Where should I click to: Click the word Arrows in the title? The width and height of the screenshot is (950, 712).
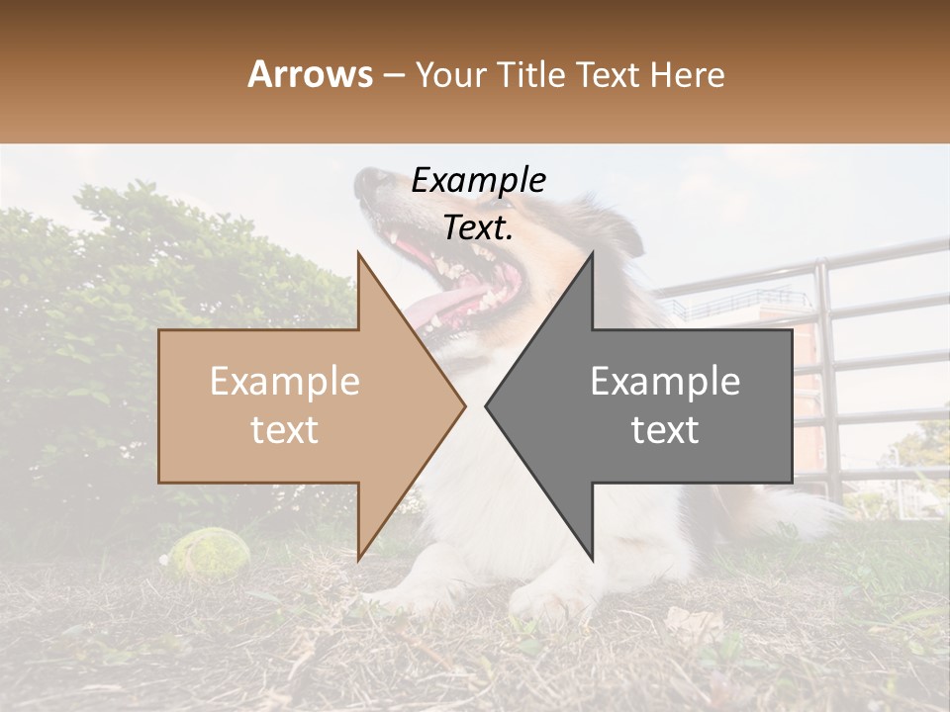pos(311,74)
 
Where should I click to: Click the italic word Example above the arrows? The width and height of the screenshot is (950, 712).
pos(479,180)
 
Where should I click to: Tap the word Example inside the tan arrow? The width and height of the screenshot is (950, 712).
pos(285,382)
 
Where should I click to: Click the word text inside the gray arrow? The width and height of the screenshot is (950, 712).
pos(665,430)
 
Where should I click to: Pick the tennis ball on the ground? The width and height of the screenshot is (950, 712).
pos(206,552)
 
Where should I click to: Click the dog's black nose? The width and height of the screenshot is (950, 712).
pos(372,180)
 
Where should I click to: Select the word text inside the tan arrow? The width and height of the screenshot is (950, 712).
pos(285,430)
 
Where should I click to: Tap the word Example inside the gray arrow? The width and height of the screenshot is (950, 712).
pos(665,382)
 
